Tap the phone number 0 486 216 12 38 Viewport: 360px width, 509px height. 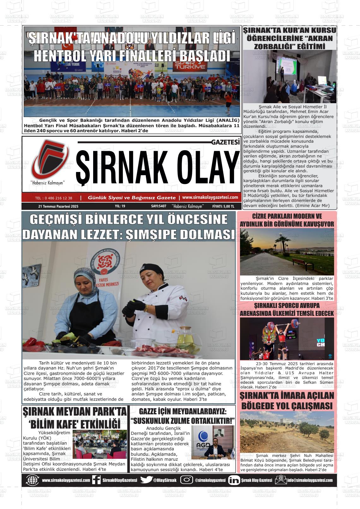pos(54,198)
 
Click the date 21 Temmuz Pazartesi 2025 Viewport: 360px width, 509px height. pos(58,206)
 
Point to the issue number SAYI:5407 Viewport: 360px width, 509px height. pos(159,206)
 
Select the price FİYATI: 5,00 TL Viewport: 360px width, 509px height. pos(223,206)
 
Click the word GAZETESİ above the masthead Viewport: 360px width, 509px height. pos(225,142)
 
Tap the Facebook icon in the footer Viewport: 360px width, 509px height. pos(96,480)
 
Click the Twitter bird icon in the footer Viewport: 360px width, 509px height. pos(146,480)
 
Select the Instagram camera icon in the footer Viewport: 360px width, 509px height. pos(187,480)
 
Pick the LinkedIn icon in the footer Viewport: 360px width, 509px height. pos(234,480)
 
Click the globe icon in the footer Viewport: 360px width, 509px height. pos(33,480)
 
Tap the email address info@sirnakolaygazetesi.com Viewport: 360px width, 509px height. pos(309,480)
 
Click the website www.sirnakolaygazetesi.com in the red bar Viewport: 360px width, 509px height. pos(210,198)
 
